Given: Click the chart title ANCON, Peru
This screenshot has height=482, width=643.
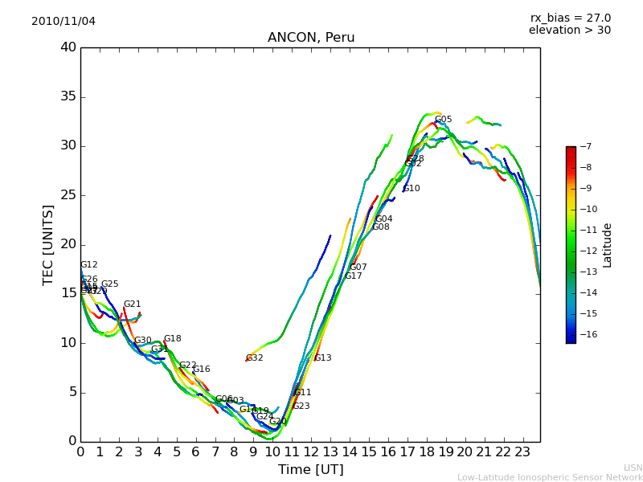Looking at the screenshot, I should pyautogui.click(x=310, y=38).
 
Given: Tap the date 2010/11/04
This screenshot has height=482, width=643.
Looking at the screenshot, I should pyautogui.click(x=63, y=22).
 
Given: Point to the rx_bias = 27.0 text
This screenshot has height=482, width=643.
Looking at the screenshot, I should pyautogui.click(x=570, y=18).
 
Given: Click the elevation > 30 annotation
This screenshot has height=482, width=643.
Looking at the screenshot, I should pyautogui.click(x=569, y=31).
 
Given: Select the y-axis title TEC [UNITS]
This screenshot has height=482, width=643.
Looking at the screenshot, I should pyautogui.click(x=48, y=244).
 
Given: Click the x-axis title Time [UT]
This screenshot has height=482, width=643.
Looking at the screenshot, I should pyautogui.click(x=310, y=470).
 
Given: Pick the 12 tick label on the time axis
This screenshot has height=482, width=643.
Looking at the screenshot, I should pyautogui.click(x=311, y=451).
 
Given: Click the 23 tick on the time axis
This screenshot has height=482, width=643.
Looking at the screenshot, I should pyautogui.click(x=522, y=451).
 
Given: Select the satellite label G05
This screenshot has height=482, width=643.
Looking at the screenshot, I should pyautogui.click(x=443, y=120).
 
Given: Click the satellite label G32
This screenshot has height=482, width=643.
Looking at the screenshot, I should pyautogui.click(x=254, y=358).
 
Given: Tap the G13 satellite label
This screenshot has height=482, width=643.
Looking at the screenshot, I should pyautogui.click(x=322, y=358).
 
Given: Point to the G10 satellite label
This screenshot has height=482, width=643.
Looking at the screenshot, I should pyautogui.click(x=411, y=189).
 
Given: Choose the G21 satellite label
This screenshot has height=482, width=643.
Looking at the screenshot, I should pyautogui.click(x=132, y=304).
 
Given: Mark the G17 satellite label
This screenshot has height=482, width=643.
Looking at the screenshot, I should pyautogui.click(x=353, y=276).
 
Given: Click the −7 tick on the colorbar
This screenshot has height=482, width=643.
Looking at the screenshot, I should pyautogui.click(x=584, y=147).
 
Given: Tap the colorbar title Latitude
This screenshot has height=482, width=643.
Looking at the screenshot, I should pyautogui.click(x=608, y=245).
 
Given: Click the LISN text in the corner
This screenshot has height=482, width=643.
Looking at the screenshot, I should pyautogui.click(x=633, y=468).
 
